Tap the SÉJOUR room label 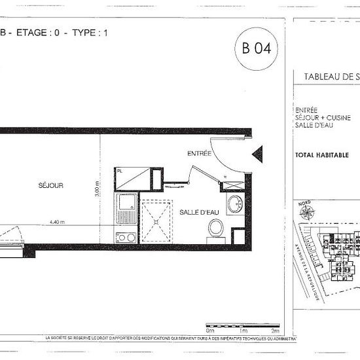pos(50,185)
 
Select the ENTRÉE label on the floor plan pos(199,154)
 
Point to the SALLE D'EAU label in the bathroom pos(198,212)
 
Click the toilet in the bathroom pos(215,229)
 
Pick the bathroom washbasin pos(234,204)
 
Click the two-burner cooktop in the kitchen pos(126,237)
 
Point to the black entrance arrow pos(257,155)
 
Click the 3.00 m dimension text pos(96,189)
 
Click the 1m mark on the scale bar pos(243,332)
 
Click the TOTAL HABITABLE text pos(322,155)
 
